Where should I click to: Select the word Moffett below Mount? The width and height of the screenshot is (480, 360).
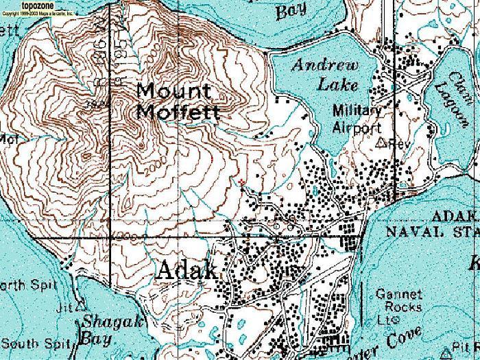coord(178,110)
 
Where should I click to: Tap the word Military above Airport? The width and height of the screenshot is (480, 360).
coord(357,110)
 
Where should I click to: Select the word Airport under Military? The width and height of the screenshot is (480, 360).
coord(357,128)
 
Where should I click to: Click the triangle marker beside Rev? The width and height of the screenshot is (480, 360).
coord(382,143)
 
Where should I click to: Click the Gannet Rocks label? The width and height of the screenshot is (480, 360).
coord(399,300)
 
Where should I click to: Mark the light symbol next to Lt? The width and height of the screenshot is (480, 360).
coord(395,320)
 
